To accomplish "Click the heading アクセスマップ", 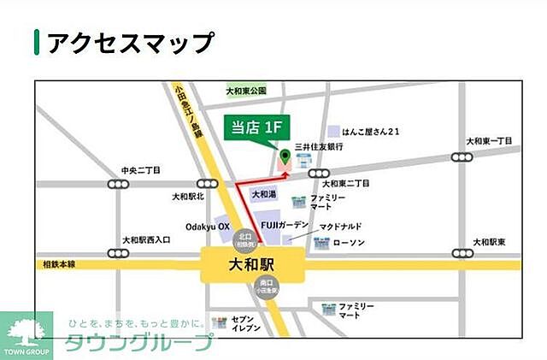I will click(x=128, y=42).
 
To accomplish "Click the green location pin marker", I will click(x=285, y=156).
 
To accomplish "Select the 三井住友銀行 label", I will click(x=319, y=147).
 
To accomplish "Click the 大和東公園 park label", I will click(x=246, y=90).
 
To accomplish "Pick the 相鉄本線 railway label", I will click(x=60, y=264).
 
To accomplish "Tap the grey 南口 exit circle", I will click(x=264, y=286).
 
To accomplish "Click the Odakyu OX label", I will click(x=208, y=227).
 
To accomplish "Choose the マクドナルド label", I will click(x=341, y=226).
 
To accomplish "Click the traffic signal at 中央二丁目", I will click(x=117, y=184).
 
